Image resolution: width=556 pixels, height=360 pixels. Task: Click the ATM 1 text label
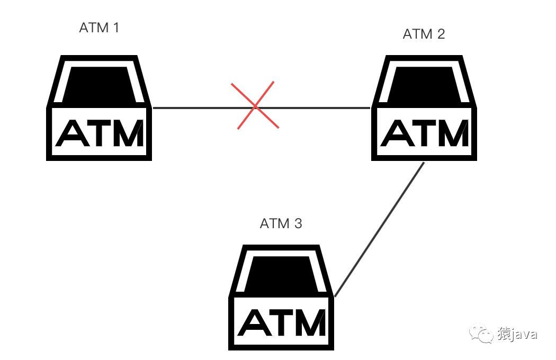99,28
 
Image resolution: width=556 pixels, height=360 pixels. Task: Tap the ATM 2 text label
424,34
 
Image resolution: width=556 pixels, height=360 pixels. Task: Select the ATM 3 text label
281,224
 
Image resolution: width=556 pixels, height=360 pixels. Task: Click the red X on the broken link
255,105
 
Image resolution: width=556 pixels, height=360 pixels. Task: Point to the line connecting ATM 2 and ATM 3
380,229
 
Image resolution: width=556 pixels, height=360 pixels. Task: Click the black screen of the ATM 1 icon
99,84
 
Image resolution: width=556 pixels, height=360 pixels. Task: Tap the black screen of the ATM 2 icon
424,84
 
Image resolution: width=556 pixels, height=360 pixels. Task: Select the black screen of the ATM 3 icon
281,274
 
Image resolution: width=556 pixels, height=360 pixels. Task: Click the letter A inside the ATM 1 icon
73,133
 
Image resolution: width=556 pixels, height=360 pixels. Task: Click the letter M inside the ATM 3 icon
310,322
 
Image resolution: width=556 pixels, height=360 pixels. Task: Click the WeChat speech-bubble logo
481,333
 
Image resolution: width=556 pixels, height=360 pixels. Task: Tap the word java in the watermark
524,335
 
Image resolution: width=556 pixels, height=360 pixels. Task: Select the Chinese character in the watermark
504,334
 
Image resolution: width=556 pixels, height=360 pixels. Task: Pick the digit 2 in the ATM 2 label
441,34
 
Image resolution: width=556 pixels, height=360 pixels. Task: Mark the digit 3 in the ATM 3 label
298,224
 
